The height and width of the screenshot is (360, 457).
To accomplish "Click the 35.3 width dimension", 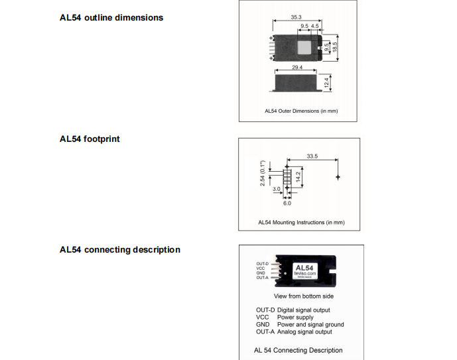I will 296,17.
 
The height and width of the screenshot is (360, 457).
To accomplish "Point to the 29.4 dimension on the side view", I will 296,68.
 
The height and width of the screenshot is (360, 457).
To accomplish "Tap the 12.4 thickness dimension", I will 327,84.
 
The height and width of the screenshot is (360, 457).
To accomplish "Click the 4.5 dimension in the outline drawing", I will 314,27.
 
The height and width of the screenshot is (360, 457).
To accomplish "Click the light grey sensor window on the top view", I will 303,47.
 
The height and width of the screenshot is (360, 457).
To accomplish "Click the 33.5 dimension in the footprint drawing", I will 312,156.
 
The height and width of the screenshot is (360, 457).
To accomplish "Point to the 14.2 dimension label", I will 298,177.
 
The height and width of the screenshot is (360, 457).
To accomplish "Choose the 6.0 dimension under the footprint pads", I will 287,203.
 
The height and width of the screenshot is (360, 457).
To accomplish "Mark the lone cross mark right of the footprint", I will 339,178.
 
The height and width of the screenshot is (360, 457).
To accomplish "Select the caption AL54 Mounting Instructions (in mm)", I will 301,223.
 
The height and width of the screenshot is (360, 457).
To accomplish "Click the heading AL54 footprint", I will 90,139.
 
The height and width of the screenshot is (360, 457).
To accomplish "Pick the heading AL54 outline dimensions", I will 111,17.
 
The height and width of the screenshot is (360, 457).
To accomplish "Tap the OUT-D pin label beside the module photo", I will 262,264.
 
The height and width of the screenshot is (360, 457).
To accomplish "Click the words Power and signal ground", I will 310,325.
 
